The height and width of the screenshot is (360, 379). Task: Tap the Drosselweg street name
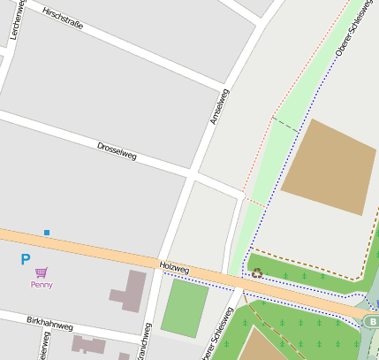[117, 150]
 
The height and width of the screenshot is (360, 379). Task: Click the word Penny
[42, 285]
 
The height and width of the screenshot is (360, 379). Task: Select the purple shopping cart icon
[42, 272]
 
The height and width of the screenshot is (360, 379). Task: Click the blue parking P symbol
[25, 259]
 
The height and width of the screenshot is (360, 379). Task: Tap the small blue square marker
[47, 233]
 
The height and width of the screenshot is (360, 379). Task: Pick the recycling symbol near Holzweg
[257, 273]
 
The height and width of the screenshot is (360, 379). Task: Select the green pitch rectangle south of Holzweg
[185, 308]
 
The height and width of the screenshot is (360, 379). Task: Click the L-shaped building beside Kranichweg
[129, 292]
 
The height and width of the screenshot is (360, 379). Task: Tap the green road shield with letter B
[372, 321]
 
